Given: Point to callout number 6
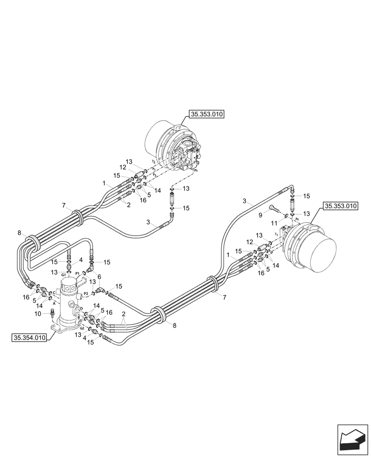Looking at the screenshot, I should [x=100, y=276].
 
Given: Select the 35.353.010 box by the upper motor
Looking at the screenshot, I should [x=206, y=115].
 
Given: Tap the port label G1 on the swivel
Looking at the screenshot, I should [x=64, y=275].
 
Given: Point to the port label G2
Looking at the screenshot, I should [x=82, y=328].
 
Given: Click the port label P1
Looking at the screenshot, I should [x=78, y=273].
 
